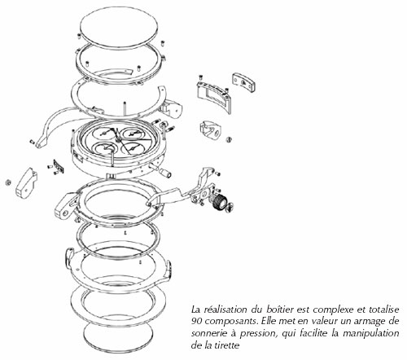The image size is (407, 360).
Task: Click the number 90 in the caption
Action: [x=197, y=321]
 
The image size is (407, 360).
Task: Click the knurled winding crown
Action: [x=219, y=203]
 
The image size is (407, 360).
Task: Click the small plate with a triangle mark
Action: [x=244, y=82]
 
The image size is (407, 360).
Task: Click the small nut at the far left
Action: [x=8, y=182]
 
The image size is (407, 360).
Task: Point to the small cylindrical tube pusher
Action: [x=165, y=173]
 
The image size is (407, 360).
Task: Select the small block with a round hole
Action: [x=211, y=130]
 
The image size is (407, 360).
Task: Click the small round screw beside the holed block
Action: [x=229, y=139]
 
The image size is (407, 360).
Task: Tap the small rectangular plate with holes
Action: [x=59, y=166]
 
